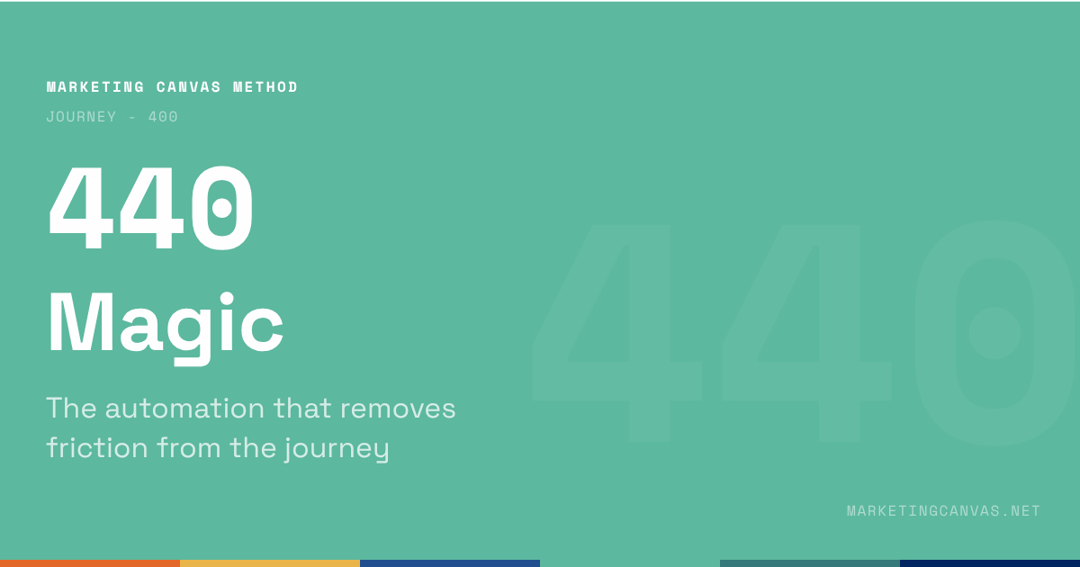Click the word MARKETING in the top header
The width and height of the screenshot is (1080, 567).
(x=95, y=87)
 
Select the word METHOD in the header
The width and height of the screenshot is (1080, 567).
(x=265, y=87)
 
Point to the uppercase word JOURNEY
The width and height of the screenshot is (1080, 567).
(x=81, y=117)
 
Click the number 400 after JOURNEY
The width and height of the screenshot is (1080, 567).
(x=163, y=117)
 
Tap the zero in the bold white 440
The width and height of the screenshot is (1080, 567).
(x=220, y=209)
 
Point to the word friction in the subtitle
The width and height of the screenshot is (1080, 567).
(x=97, y=446)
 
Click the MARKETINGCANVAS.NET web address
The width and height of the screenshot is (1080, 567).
(x=943, y=511)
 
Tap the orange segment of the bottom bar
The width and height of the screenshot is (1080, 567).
(x=90, y=562)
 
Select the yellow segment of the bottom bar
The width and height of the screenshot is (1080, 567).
(x=270, y=562)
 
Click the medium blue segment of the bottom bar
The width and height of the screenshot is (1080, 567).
(x=450, y=562)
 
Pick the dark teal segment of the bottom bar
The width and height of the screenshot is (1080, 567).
(x=810, y=562)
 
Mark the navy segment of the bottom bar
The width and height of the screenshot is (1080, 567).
(x=990, y=562)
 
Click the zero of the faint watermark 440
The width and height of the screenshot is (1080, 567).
(x=994, y=333)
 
